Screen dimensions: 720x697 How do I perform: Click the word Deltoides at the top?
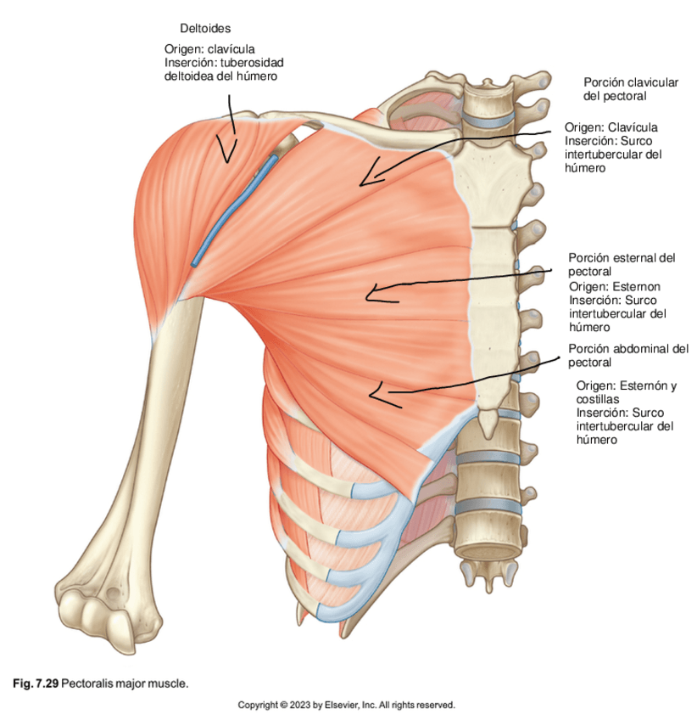[205, 29]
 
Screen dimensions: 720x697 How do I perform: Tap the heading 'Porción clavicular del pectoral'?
[630, 89]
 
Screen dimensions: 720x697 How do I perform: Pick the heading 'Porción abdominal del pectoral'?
[628, 355]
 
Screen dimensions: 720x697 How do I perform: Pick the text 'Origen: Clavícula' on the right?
[611, 127]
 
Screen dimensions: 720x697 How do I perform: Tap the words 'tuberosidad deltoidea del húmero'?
[222, 69]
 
